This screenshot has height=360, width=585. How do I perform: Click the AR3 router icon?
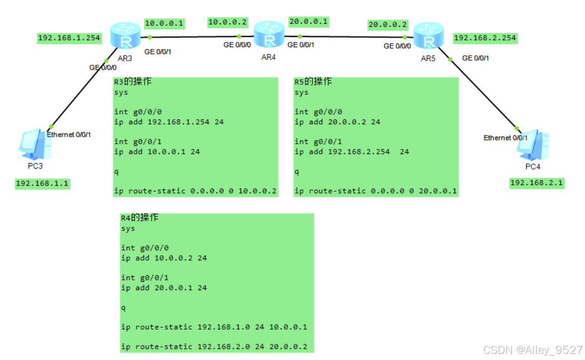(x=124, y=36)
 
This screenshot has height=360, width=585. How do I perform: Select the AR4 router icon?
(x=269, y=34)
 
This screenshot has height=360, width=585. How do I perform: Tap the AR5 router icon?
(x=428, y=35)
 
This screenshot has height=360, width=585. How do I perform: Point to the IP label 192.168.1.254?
(x=69, y=38)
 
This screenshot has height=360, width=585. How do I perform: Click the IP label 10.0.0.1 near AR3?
(x=165, y=23)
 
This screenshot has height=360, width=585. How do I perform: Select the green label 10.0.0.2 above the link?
(x=227, y=22)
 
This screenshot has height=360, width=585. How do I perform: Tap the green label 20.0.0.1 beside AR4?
(x=308, y=22)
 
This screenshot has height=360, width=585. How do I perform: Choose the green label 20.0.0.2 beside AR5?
(x=387, y=24)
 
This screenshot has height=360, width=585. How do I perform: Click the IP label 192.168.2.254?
(x=485, y=38)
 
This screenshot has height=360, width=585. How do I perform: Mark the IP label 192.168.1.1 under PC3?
(x=42, y=184)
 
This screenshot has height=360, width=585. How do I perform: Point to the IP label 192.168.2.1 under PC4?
(x=536, y=183)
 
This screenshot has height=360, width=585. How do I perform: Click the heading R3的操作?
(x=132, y=82)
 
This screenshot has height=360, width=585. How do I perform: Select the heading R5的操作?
(x=313, y=82)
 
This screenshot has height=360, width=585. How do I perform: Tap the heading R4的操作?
(x=140, y=218)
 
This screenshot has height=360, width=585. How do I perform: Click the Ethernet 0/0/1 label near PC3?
(x=69, y=135)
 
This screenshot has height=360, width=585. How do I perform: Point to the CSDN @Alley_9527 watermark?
(x=532, y=350)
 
